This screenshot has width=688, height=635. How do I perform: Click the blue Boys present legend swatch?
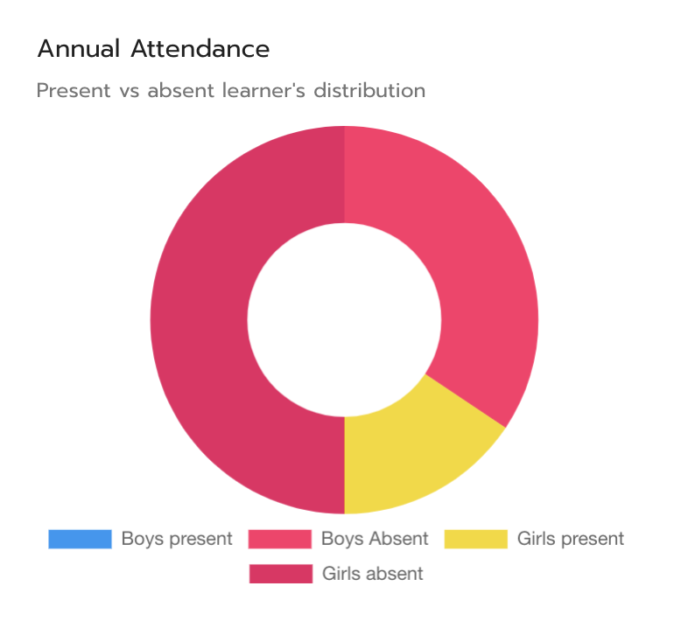80,539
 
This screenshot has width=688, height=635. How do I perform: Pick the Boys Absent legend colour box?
280,539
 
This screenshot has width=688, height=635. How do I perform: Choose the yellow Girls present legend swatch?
475,539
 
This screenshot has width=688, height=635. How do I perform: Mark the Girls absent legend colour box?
280,574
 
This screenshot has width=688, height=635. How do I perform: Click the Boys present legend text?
177,539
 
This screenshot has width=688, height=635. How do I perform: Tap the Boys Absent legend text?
375,539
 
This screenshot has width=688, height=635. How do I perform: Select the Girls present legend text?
571,539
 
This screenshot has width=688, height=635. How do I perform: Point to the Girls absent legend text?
373,574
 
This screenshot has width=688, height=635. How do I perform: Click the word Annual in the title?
79,49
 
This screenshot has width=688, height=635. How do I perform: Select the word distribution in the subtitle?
369,90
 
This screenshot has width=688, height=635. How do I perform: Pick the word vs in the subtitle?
129,90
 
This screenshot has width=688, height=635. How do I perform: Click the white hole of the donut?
344,320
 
